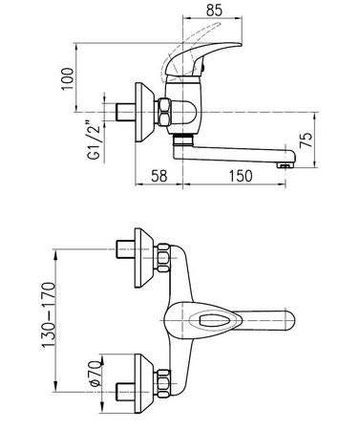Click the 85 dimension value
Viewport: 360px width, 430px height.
pos(214,11)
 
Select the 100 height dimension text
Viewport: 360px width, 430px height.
pos(67,78)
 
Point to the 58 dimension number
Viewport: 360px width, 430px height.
pos(159,176)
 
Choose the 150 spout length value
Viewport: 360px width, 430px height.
pos(241,176)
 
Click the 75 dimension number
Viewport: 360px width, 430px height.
pos(307,140)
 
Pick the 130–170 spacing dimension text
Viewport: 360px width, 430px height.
pos(49,315)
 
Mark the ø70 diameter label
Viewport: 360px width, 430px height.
pos(95,373)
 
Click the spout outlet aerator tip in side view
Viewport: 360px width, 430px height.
pos(286,165)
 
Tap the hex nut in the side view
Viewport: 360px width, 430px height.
pos(164,112)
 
